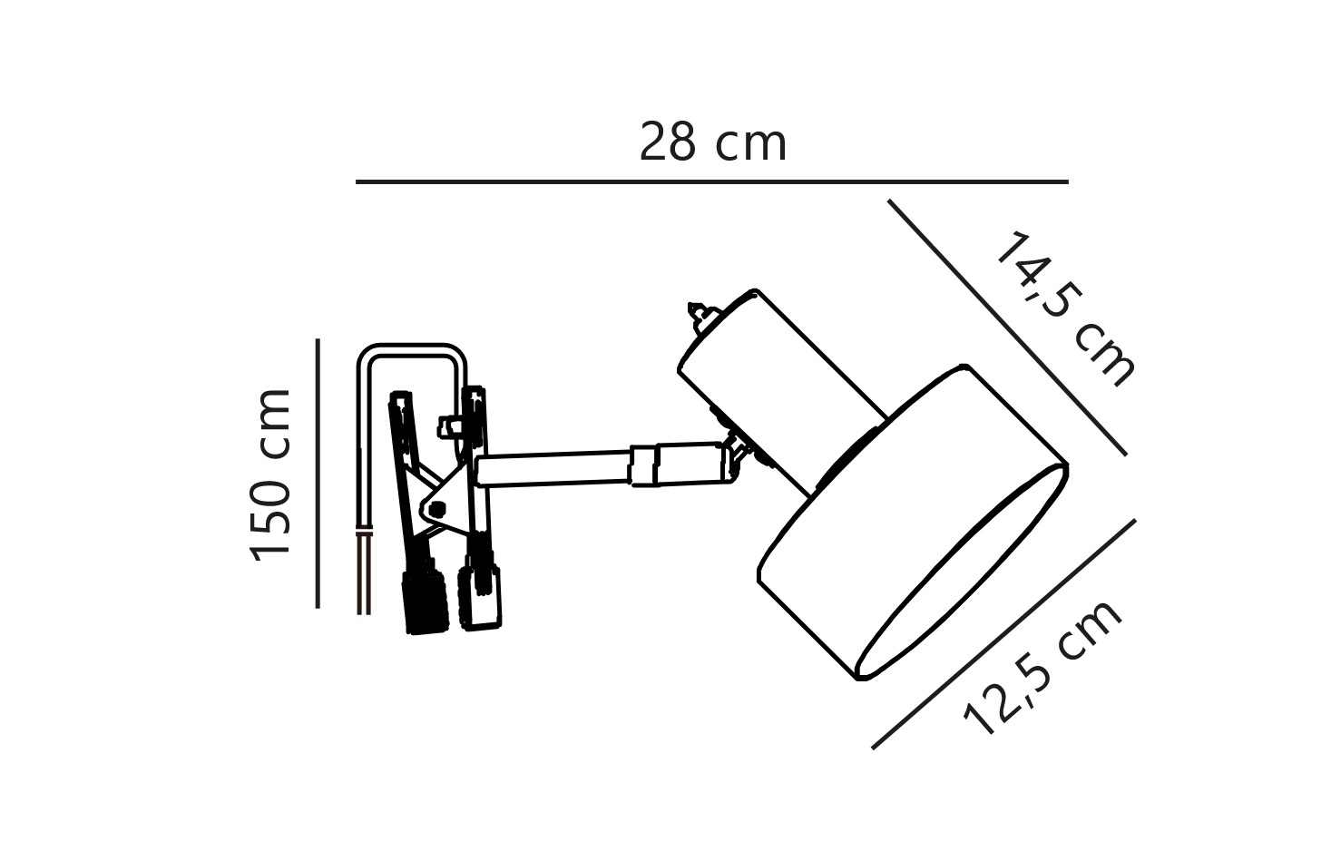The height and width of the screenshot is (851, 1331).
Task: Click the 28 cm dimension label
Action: [712, 142]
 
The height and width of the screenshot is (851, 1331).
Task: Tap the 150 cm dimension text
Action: [270, 474]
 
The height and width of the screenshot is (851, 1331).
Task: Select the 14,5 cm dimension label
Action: [1063, 309]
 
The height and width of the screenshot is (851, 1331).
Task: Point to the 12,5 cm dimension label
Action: [1042, 668]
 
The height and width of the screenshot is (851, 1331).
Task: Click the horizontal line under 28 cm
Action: [712, 181]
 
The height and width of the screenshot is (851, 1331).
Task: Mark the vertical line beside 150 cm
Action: [318, 474]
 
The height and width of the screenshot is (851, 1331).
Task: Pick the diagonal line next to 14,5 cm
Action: [1007, 328]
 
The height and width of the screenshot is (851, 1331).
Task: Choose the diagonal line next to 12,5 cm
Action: [1003, 634]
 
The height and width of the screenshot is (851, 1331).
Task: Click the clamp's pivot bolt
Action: [436, 509]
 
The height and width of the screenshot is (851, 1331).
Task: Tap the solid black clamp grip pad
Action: [425, 602]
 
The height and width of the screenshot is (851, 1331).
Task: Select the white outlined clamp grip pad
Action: [480, 597]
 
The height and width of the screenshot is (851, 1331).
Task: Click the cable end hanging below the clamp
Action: [364, 572]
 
